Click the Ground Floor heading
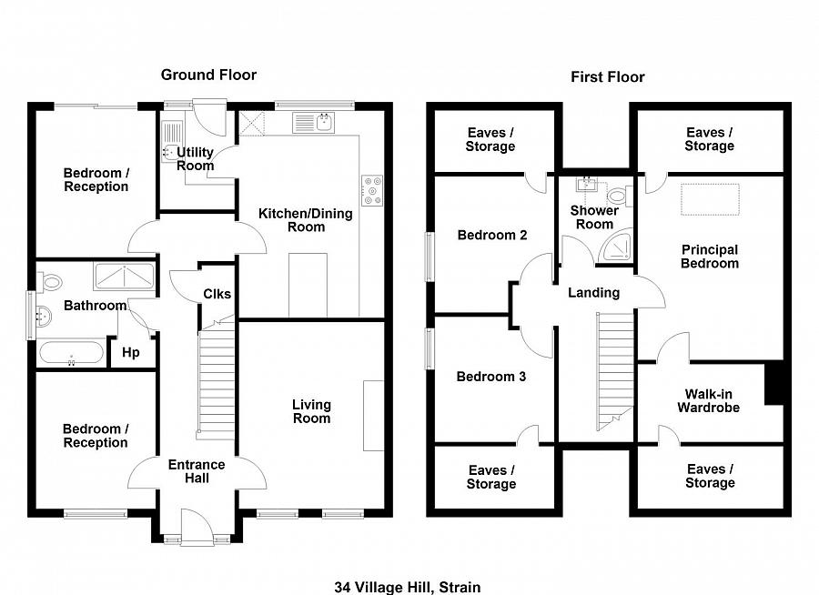[208, 75]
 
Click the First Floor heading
[607, 76]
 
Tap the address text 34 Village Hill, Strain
[407, 587]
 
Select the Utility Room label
[196, 158]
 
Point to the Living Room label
[311, 411]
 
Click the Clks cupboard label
[217, 294]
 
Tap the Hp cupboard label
[131, 352]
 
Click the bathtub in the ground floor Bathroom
[71, 352]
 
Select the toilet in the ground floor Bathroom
[51, 281]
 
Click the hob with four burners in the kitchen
[371, 190]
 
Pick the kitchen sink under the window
[314, 121]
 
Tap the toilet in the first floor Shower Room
[619, 195]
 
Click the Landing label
[593, 292]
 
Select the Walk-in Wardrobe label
[708, 401]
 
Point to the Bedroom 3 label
[490, 377]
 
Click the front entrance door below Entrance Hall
[196, 529]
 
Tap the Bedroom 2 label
[491, 235]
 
